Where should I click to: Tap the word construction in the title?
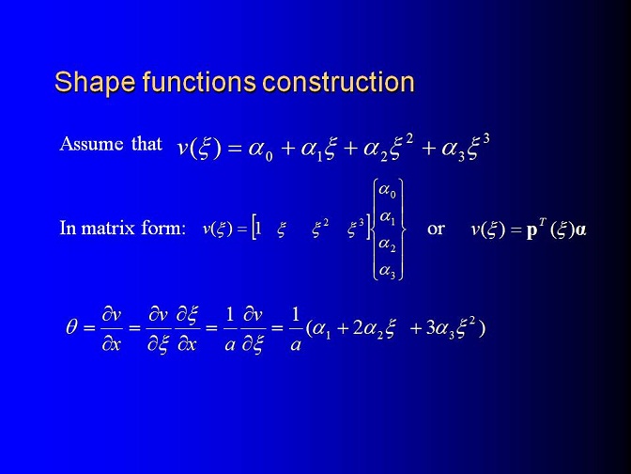tap(338, 82)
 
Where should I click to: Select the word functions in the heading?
tap(199, 82)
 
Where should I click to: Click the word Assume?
tap(91, 144)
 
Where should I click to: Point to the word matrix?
tap(108, 229)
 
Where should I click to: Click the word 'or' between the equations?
tap(436, 229)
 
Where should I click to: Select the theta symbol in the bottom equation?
tap(71, 327)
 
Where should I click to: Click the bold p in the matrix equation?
tap(532, 230)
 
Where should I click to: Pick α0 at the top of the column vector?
tap(388, 190)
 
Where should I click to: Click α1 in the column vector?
tap(388, 218)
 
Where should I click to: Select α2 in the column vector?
tap(388, 245)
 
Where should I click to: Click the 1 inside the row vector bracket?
tap(258, 229)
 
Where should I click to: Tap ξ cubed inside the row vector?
tap(356, 229)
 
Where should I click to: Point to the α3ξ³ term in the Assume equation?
tap(466, 148)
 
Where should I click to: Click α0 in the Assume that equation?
tap(260, 150)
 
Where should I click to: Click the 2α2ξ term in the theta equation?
tap(375, 329)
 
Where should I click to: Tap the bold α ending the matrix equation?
tap(580, 230)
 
